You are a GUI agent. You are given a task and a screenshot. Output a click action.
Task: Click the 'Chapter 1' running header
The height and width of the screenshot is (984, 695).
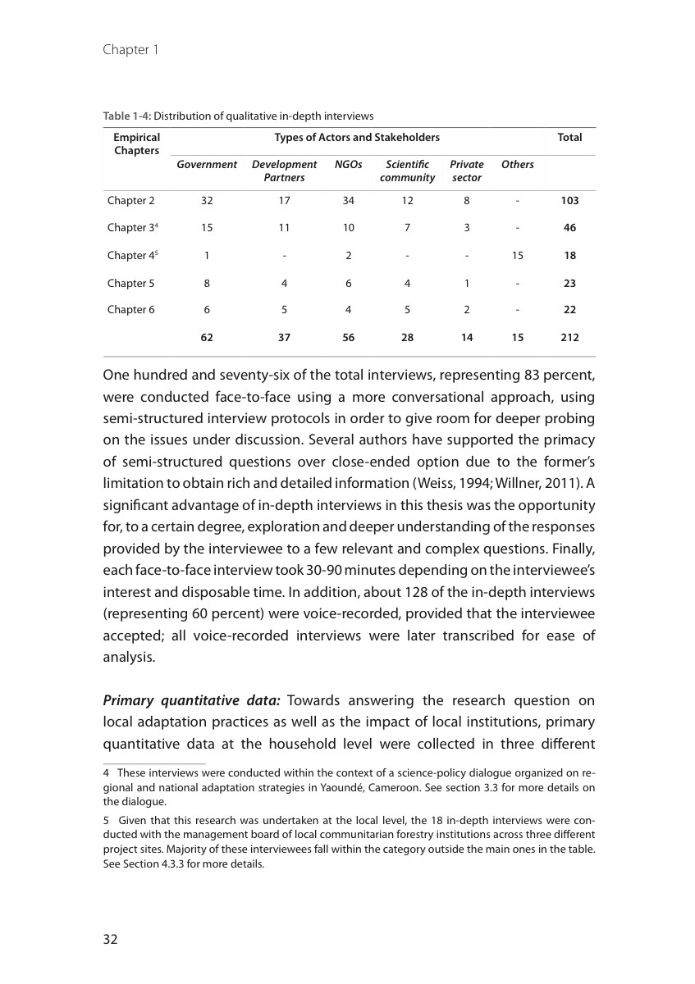click(130, 50)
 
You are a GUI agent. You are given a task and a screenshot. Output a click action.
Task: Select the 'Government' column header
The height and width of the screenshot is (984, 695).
click(207, 165)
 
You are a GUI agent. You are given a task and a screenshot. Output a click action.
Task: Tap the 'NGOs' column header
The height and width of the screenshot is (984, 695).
click(349, 165)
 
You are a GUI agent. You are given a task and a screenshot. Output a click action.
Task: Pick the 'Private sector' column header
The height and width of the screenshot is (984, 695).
click(467, 171)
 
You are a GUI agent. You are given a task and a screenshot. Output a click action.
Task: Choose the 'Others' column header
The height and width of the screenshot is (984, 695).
click(518, 165)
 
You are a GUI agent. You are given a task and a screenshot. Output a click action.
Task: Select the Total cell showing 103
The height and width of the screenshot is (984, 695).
click(569, 200)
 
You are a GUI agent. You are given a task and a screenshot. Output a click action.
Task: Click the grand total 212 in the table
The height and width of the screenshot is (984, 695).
click(569, 337)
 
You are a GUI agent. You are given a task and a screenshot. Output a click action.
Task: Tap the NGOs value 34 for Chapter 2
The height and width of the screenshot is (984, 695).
click(349, 200)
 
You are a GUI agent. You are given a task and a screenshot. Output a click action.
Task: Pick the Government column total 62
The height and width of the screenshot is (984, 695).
click(207, 337)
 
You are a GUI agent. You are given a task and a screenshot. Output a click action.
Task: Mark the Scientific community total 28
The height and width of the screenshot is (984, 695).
click(407, 337)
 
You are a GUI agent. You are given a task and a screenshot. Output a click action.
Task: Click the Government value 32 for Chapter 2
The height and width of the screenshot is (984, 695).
click(207, 200)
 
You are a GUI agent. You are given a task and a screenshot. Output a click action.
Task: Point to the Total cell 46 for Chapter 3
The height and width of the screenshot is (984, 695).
click(569, 227)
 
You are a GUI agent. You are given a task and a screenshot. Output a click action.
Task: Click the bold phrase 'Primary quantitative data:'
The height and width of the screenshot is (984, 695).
click(192, 700)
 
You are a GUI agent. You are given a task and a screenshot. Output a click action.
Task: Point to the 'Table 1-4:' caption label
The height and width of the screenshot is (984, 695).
click(127, 116)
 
